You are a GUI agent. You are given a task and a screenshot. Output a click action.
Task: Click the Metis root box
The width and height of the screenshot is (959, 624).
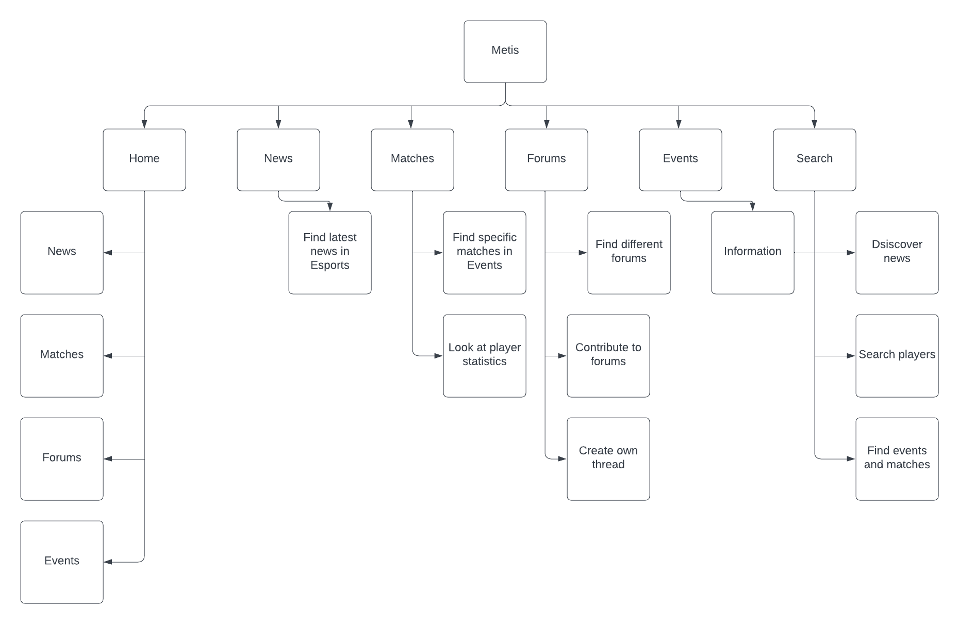pyautogui.click(x=505, y=52)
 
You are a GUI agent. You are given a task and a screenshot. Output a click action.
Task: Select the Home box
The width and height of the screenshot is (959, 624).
pyautogui.click(x=144, y=160)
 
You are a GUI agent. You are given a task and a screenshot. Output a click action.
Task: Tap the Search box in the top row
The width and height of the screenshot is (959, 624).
pyautogui.click(x=815, y=160)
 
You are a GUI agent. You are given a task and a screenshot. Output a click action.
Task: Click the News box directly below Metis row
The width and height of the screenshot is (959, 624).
pyautogui.click(x=278, y=160)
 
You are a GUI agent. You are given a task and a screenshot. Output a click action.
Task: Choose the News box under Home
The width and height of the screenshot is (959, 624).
pyautogui.click(x=62, y=253)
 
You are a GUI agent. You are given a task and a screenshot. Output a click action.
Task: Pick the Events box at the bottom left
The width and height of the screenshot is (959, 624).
pyautogui.click(x=62, y=562)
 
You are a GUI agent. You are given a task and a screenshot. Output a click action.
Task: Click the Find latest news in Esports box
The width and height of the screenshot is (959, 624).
pyautogui.click(x=330, y=253)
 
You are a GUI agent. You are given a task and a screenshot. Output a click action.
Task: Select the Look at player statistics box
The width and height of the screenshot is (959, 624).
pyautogui.click(x=485, y=356)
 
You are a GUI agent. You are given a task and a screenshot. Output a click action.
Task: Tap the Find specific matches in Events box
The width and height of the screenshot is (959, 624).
pyautogui.click(x=485, y=253)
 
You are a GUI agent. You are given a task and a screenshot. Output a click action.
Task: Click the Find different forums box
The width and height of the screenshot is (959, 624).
pyautogui.click(x=629, y=253)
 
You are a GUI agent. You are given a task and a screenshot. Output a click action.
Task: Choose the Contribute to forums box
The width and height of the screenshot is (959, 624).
pyautogui.click(x=608, y=356)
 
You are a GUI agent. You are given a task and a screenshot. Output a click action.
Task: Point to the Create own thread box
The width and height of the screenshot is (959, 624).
pyautogui.click(x=608, y=459)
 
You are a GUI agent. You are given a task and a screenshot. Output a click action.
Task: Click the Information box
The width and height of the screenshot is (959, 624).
pyautogui.click(x=753, y=253)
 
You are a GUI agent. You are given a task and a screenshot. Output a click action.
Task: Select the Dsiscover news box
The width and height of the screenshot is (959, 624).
pyautogui.click(x=897, y=253)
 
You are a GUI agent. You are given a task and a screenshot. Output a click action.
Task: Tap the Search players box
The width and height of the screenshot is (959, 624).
pyautogui.click(x=897, y=356)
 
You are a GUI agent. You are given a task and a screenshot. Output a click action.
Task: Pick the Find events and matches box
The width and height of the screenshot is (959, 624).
pyautogui.click(x=897, y=459)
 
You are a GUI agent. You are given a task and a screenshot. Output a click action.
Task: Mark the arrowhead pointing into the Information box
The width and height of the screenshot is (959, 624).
pyautogui.click(x=753, y=207)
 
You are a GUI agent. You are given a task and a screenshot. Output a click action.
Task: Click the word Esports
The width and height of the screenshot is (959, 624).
pyautogui.click(x=330, y=266)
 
